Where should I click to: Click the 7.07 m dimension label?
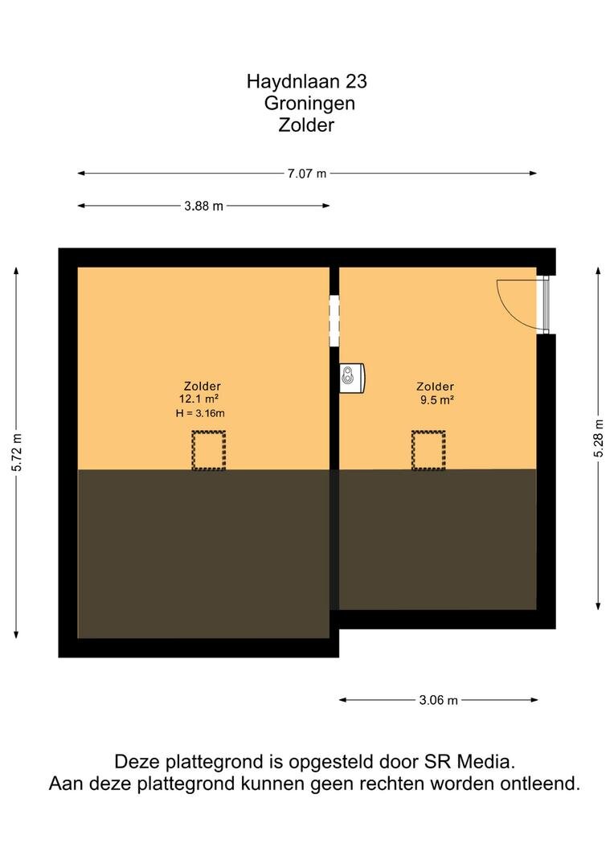307,174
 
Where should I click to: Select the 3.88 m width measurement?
204,206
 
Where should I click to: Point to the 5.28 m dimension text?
598,438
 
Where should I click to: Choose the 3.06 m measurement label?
439,700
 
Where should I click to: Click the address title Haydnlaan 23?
307,81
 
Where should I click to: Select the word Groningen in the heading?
309,103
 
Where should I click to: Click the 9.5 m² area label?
437,399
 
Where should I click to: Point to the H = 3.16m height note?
200,413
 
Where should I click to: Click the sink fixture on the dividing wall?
352,378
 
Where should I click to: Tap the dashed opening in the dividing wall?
334,321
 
